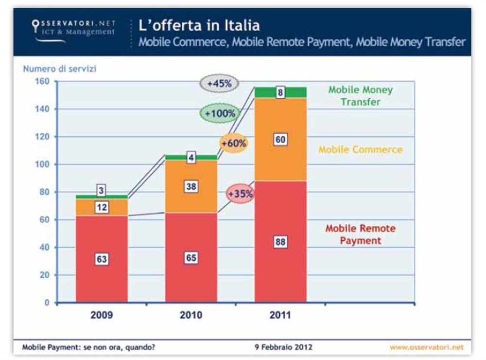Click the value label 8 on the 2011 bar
280,92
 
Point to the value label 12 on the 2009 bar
102,207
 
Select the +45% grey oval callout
219,84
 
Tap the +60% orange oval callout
234,144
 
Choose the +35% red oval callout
241,194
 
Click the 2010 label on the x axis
191,315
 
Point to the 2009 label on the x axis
102,315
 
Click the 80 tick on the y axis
45,192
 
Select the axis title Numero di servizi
60,69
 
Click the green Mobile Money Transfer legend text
360,96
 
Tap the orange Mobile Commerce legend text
360,149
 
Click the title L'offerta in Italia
199,25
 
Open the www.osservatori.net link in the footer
426,347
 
